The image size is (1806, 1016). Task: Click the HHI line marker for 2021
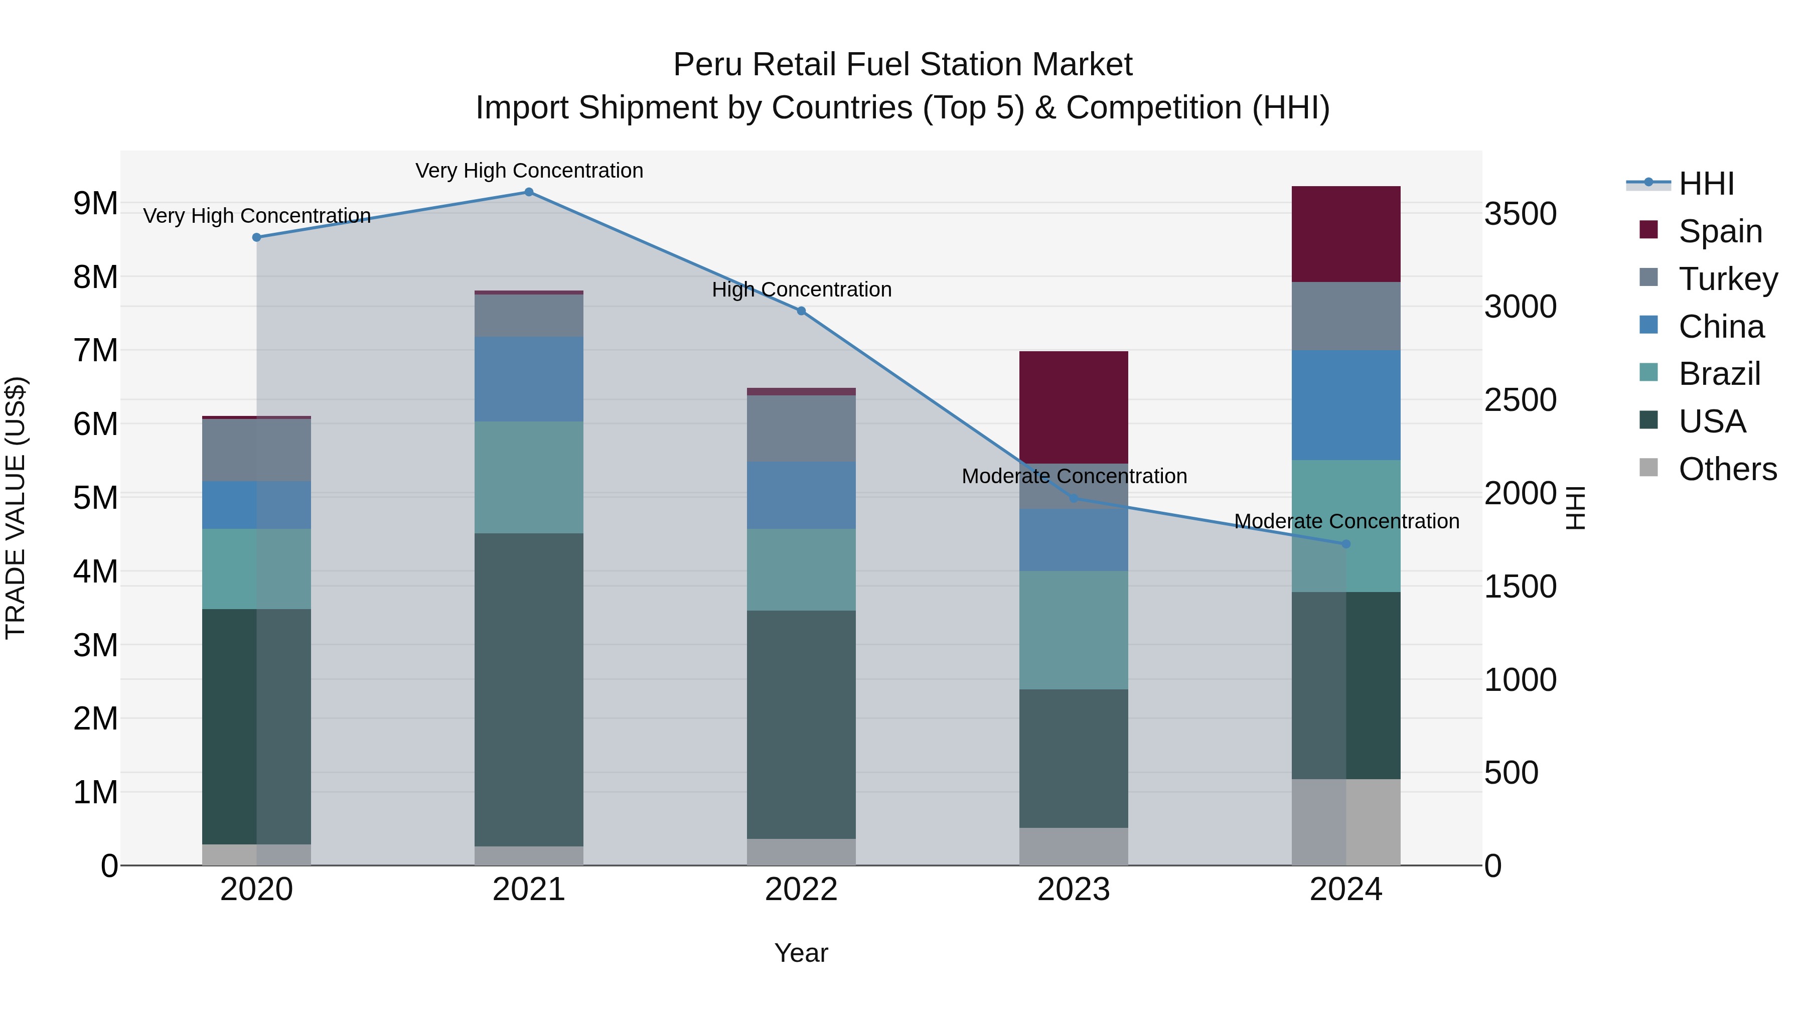click(529, 192)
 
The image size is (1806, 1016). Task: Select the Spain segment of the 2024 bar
click(1345, 234)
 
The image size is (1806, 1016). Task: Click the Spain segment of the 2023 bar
click(1074, 407)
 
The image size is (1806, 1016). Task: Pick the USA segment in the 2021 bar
click(529, 689)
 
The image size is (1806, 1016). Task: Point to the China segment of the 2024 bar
click(1345, 405)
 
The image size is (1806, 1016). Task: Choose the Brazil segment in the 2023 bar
click(1074, 630)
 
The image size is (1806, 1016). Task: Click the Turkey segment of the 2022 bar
click(801, 427)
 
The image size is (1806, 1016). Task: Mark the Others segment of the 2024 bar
click(1345, 822)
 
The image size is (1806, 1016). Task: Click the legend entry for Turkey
click(1727, 278)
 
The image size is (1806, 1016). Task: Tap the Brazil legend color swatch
click(1649, 372)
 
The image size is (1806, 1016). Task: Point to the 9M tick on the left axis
click(95, 203)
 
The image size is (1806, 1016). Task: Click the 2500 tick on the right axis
click(1520, 400)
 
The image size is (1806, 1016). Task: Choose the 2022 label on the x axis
click(801, 890)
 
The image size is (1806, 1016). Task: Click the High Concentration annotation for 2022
click(801, 289)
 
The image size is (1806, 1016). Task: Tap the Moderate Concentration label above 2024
click(1346, 522)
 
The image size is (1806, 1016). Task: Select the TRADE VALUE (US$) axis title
click(16, 508)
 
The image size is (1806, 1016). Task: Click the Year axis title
click(801, 953)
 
